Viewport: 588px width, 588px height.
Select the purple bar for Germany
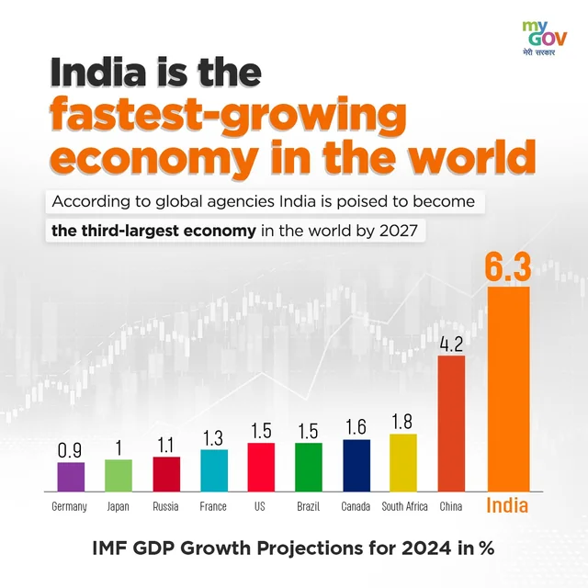coord(71,477)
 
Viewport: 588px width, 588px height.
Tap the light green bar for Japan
coord(119,475)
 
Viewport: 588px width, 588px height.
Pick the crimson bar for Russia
coord(166,473)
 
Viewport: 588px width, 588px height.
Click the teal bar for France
coord(214,469)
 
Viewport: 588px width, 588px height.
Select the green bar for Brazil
coord(309,467)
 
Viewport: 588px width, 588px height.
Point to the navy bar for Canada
coord(356,465)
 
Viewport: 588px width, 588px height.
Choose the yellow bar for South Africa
coord(403,462)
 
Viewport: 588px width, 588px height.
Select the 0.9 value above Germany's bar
coord(71,450)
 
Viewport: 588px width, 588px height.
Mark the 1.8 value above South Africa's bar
coord(403,422)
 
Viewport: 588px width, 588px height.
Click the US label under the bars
coord(261,506)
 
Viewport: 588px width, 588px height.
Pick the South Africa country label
coord(403,506)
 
